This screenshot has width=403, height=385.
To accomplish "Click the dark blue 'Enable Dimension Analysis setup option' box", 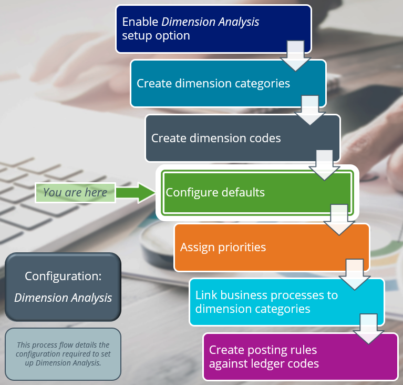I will [x=200, y=29].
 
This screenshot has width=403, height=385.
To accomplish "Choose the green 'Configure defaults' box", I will [x=242, y=193].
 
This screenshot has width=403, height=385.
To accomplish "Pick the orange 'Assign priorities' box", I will [x=252, y=248].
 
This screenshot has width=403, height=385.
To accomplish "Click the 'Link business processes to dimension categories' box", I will [x=273, y=302].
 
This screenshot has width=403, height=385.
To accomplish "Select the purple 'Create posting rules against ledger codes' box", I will [x=284, y=357].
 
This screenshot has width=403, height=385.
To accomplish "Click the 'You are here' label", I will [x=75, y=193].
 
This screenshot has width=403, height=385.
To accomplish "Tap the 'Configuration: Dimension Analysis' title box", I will [x=63, y=287].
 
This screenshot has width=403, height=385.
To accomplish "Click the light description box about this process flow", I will [x=63, y=354].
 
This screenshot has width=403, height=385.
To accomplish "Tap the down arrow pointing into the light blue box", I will [x=355, y=274].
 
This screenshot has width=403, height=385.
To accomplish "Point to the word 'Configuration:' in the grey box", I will [x=63, y=277].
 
